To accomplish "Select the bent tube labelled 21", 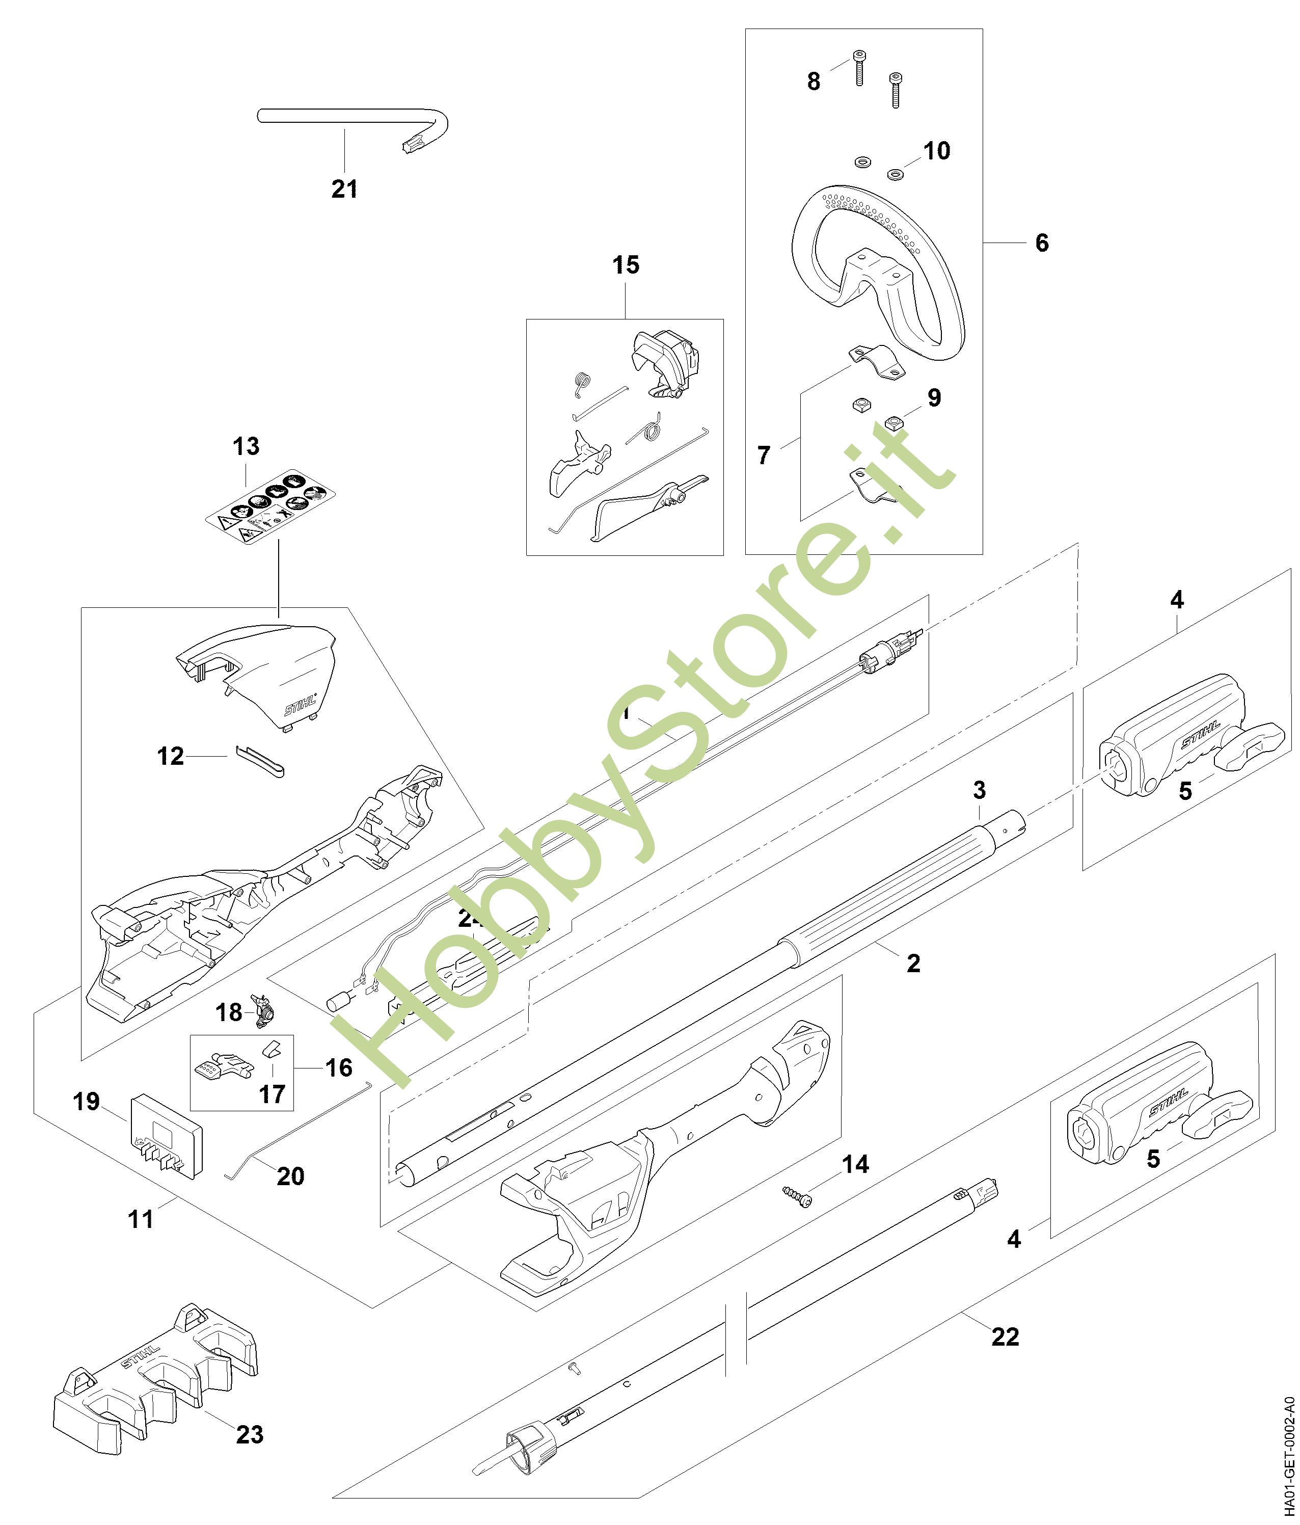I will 353,119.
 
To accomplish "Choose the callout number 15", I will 626,265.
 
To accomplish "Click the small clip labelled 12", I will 262,760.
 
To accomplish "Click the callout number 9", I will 934,398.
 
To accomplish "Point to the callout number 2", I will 913,962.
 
